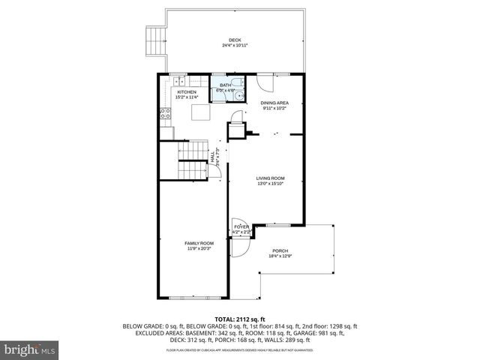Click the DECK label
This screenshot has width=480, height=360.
pyautogui.click(x=235, y=40)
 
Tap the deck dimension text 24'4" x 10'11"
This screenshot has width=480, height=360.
pyautogui.click(x=235, y=46)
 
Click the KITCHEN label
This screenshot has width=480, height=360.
pyautogui.click(x=187, y=92)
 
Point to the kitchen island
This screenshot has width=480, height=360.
pyautogui.click(x=200, y=112)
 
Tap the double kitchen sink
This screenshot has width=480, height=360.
pyautogui.click(x=180, y=79)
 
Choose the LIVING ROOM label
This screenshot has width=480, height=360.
pyautogui.click(x=271, y=178)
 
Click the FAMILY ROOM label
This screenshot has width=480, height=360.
pyautogui.click(x=199, y=243)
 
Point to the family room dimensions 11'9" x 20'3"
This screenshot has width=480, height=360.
pyautogui.click(x=199, y=248)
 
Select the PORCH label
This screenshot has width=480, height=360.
pyautogui.click(x=280, y=250)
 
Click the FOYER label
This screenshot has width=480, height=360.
pyautogui.click(x=241, y=226)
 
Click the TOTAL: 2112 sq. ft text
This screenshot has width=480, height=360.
pyautogui.click(x=240, y=319)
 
